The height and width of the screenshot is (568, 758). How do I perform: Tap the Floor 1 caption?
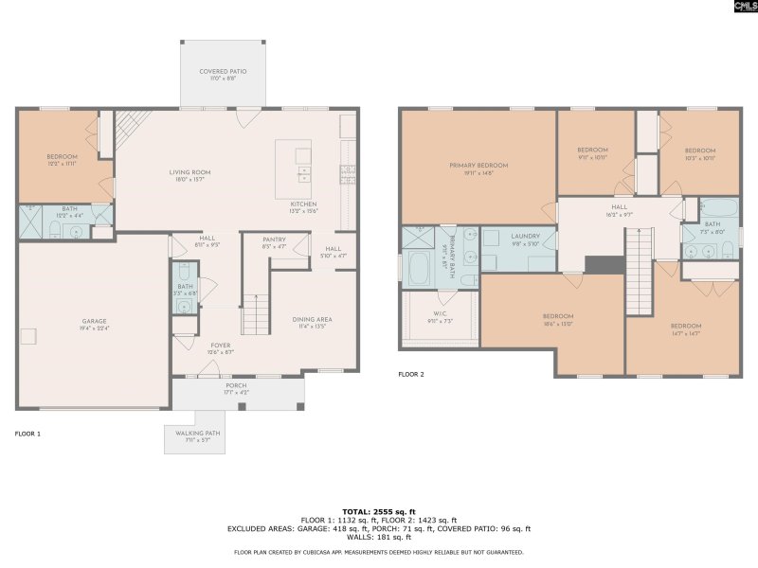pos(27,434)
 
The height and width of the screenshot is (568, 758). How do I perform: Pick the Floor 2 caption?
pos(411,375)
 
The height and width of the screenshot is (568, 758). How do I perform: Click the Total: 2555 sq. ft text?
pos(379,511)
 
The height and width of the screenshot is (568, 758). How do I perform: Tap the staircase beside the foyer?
pos(255,314)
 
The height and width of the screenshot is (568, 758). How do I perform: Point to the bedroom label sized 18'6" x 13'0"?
pos(558,319)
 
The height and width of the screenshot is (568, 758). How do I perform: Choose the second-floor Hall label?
pos(620,209)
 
